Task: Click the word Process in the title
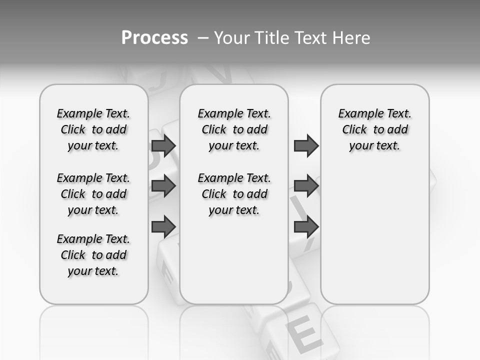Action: click(x=154, y=38)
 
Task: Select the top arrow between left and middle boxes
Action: click(x=163, y=146)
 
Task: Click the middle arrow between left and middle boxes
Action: click(x=163, y=186)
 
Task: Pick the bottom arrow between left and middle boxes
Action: click(x=163, y=226)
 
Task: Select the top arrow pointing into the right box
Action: click(x=306, y=146)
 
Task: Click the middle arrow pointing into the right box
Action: click(x=306, y=186)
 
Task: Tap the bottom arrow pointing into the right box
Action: click(x=306, y=226)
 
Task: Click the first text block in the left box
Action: click(x=93, y=129)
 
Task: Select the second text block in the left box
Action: click(x=93, y=194)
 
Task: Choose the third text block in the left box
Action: click(x=93, y=255)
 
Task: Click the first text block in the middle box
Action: click(x=234, y=129)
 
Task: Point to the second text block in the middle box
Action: click(x=234, y=194)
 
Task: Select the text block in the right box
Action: click(x=374, y=129)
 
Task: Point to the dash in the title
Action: click(x=203, y=38)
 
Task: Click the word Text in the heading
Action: click(x=310, y=38)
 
